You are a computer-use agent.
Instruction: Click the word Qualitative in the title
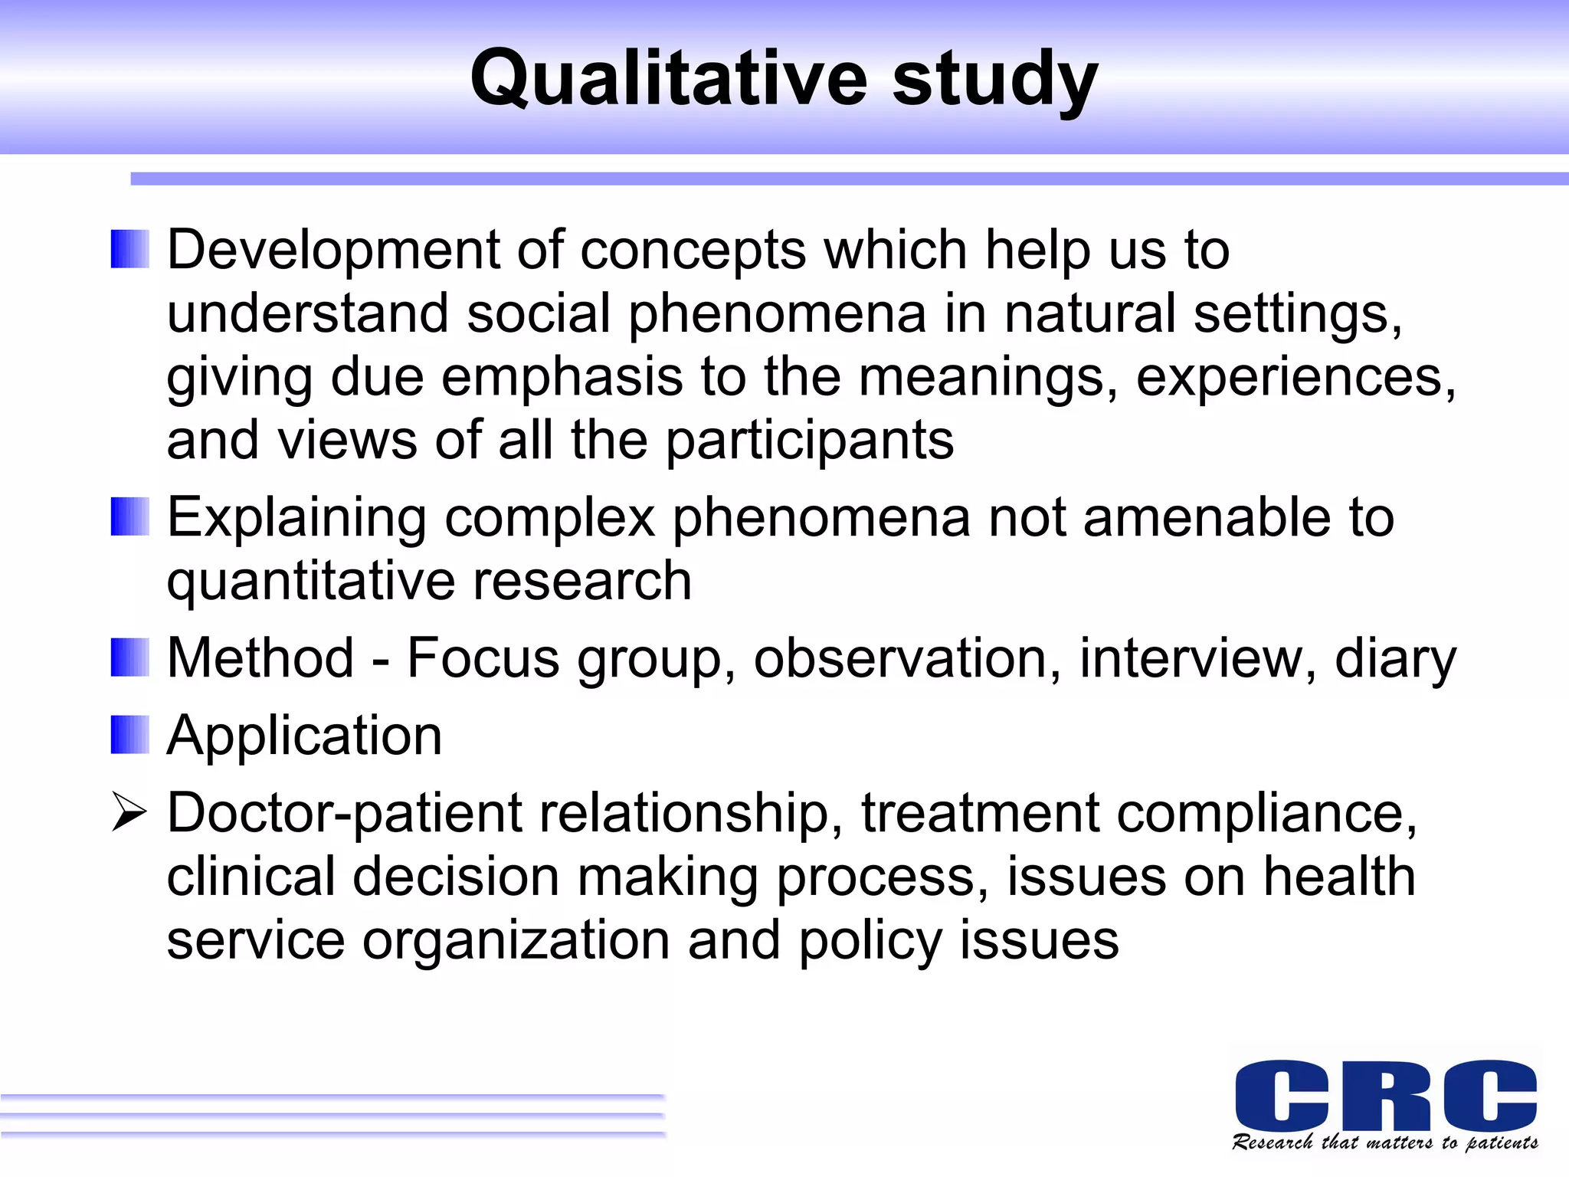(668, 78)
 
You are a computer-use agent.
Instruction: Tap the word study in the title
(994, 80)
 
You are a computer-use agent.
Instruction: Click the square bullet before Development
(129, 250)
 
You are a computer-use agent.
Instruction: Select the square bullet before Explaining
(129, 517)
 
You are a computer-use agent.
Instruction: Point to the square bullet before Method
(129, 657)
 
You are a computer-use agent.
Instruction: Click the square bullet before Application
(129, 735)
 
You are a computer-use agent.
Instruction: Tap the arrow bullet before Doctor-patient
(128, 812)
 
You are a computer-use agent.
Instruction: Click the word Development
(332, 251)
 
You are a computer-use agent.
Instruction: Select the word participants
(809, 443)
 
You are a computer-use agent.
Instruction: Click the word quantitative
(311, 582)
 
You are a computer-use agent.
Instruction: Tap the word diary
(1394, 661)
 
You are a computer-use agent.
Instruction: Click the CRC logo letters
(1385, 1095)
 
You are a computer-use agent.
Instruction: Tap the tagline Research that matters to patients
(1384, 1143)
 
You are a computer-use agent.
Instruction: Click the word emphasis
(562, 379)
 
